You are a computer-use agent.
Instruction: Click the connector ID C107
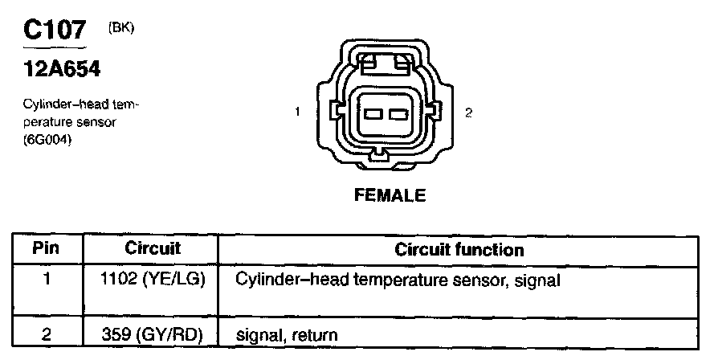[55, 31]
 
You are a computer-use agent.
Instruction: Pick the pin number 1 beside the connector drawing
[297, 112]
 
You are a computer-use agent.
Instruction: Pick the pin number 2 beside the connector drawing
[468, 112]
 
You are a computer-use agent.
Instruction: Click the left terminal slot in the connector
[373, 114]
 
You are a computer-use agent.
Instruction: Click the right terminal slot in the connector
[396, 114]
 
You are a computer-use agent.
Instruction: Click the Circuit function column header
[459, 249]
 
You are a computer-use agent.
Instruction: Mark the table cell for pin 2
[46, 333]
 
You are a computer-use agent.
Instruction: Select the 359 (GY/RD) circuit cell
[153, 333]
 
